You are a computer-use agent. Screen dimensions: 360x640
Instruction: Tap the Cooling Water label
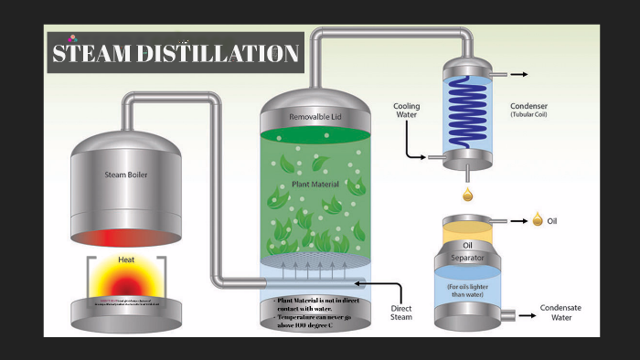tap(407, 110)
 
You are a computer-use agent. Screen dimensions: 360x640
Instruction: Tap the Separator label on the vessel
tap(468, 258)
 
